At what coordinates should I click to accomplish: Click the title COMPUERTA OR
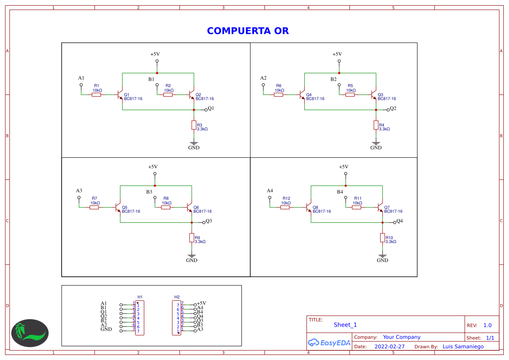click(248, 31)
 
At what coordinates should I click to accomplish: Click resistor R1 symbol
click(96, 94)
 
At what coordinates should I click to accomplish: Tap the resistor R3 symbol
click(194, 125)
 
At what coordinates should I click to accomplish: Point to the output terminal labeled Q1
click(206, 110)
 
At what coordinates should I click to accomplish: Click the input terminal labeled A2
click(263, 85)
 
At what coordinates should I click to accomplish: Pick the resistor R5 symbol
click(350, 94)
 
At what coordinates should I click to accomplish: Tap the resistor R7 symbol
click(94, 207)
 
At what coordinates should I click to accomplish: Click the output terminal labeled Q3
click(204, 222)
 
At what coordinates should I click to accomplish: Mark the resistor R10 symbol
click(382, 237)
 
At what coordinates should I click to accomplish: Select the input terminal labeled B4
click(346, 198)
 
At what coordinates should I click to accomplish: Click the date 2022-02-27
click(389, 347)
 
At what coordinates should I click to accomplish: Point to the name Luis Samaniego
click(463, 347)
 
